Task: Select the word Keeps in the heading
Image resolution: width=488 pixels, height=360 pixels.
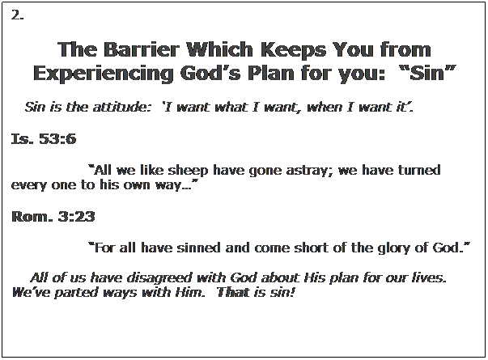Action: point(293,51)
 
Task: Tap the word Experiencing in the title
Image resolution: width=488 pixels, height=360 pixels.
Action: point(103,74)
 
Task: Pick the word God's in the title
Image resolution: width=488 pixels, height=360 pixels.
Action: point(210,73)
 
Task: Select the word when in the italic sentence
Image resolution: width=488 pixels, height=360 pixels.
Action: point(325,107)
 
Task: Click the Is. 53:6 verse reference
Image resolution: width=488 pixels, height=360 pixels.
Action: point(44,138)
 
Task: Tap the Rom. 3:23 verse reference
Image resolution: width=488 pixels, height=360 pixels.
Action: point(53,216)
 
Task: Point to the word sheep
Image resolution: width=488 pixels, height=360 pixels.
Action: point(188,171)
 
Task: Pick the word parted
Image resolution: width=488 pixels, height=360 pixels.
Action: point(76,293)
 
